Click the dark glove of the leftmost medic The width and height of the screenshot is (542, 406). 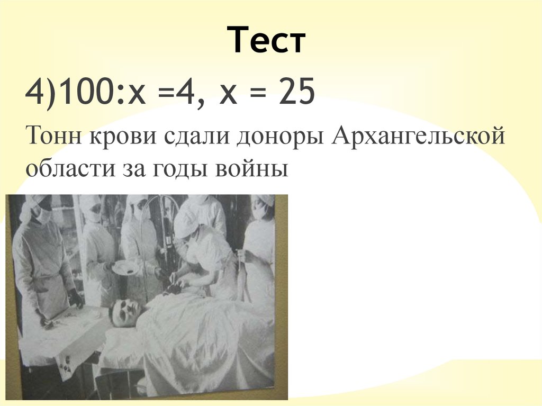click(x=75, y=299)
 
